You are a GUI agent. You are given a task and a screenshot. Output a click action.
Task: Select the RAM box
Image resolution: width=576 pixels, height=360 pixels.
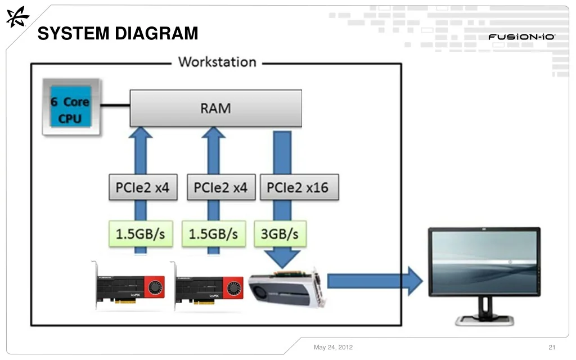click(x=215, y=109)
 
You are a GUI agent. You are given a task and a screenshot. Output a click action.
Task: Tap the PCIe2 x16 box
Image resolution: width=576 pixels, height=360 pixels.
click(x=299, y=187)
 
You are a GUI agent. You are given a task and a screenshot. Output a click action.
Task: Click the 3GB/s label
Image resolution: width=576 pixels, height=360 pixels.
click(x=280, y=233)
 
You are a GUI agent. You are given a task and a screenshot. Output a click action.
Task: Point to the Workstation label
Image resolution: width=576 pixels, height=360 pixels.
click(x=217, y=62)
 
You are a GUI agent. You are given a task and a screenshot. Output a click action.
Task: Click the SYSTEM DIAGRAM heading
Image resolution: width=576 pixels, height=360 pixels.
click(x=118, y=33)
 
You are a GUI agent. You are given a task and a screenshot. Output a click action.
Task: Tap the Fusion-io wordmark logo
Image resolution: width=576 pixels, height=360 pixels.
click(x=521, y=37)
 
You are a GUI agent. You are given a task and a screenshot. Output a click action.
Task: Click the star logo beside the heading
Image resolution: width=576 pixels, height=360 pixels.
click(x=17, y=17)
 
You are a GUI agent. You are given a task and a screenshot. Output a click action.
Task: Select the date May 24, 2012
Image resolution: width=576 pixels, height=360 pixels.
click(x=333, y=347)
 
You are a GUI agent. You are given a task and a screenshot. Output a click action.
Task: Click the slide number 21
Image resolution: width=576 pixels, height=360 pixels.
click(x=552, y=347)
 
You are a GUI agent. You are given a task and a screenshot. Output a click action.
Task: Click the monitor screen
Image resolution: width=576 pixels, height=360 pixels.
click(x=484, y=261)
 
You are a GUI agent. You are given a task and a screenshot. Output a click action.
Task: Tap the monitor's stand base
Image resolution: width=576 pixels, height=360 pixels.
click(x=484, y=320)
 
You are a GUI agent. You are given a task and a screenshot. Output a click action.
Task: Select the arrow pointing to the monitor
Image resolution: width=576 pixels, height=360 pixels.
click(x=375, y=281)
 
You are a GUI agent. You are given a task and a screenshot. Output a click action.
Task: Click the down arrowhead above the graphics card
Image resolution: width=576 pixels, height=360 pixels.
click(x=282, y=259)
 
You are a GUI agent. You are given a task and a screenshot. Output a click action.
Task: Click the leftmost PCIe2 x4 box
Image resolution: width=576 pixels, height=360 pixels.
click(x=143, y=187)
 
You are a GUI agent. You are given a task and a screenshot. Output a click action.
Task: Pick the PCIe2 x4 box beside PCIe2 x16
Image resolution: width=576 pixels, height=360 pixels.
click(x=221, y=187)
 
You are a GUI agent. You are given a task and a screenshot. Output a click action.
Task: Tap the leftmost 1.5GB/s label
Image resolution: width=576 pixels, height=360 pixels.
click(x=141, y=233)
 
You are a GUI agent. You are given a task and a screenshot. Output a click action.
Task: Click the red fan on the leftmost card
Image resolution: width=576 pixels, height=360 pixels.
click(x=155, y=287)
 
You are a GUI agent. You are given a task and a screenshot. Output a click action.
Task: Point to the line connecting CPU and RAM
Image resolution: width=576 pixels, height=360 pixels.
click(x=115, y=105)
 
